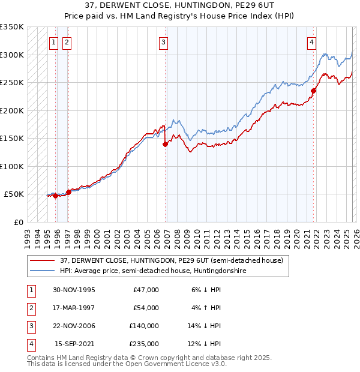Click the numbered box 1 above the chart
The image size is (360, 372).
click(x=54, y=42)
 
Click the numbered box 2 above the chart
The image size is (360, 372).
click(x=66, y=42)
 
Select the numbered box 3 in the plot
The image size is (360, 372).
click(x=163, y=42)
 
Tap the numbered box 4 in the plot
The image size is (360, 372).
click(x=312, y=42)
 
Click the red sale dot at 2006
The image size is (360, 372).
click(x=165, y=144)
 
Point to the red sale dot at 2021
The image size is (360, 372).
click(x=313, y=91)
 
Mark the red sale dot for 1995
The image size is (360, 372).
click(x=55, y=196)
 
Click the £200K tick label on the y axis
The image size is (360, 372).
click(x=12, y=110)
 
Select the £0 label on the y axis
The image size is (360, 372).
click(x=18, y=222)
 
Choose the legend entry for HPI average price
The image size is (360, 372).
click(x=153, y=271)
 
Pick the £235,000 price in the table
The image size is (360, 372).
click(x=144, y=344)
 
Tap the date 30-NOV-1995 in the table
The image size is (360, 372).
click(x=75, y=289)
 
